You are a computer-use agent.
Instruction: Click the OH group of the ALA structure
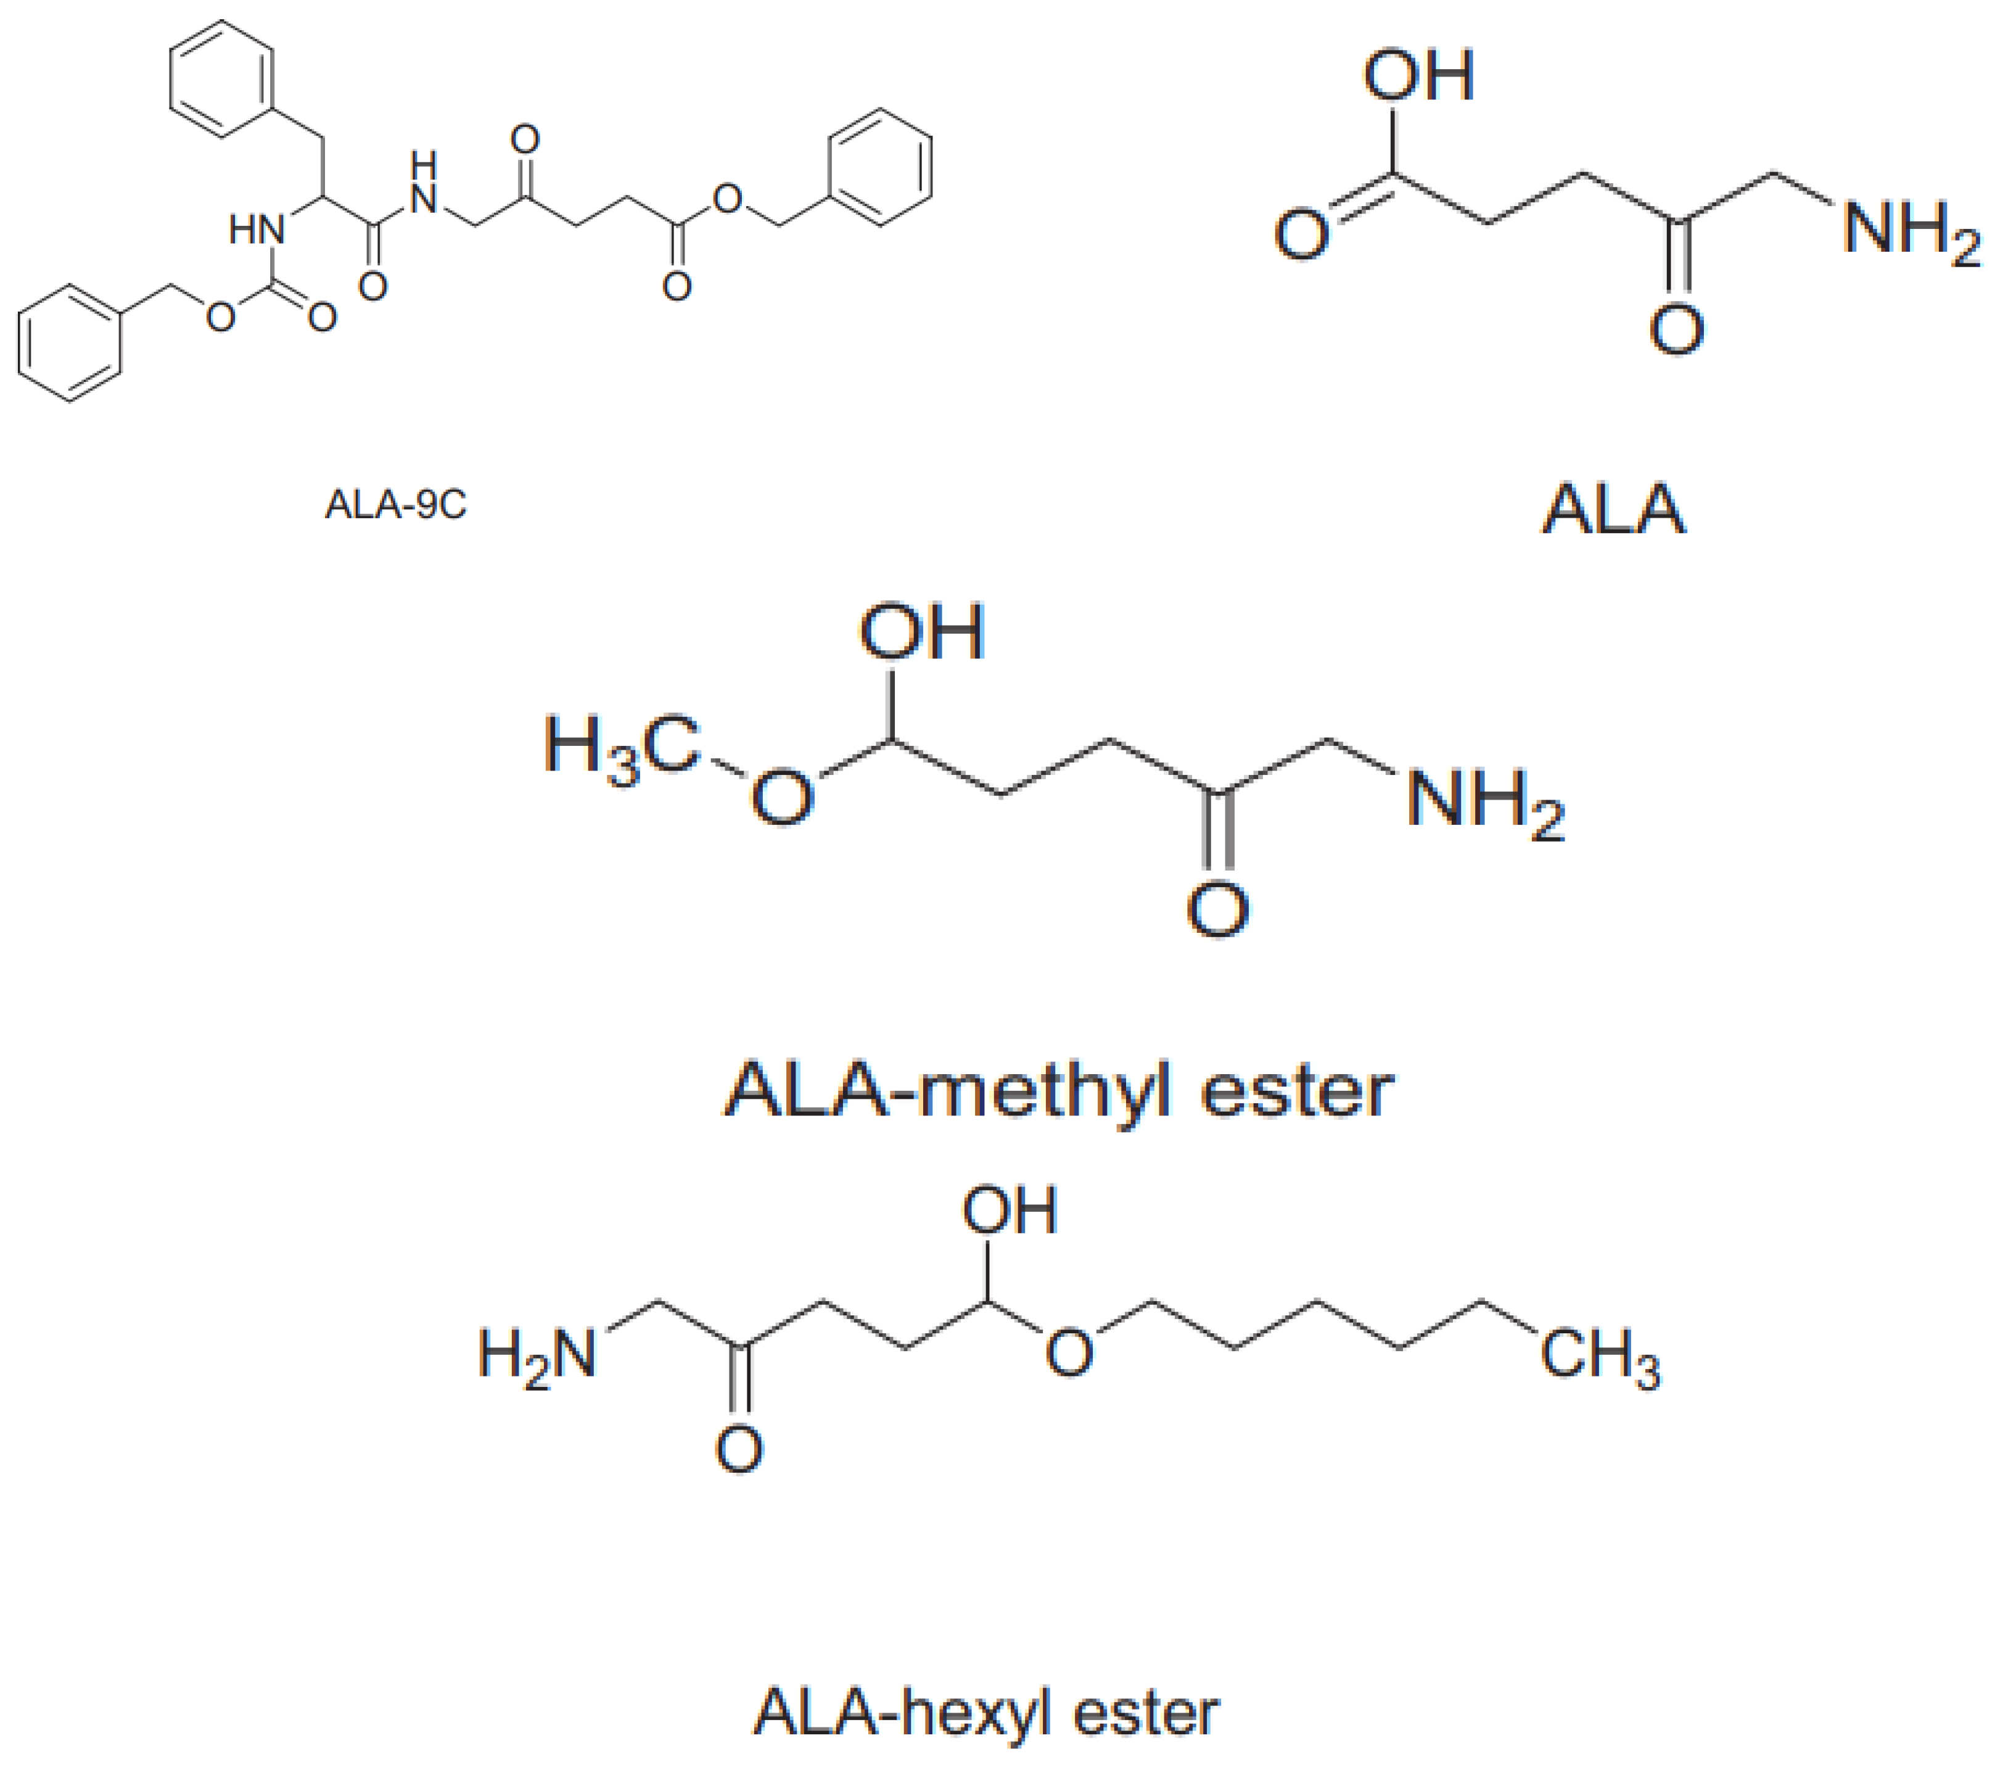[x=1418, y=76]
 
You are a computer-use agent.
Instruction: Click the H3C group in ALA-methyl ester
[x=622, y=749]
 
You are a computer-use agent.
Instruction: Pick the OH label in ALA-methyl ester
[x=921, y=632]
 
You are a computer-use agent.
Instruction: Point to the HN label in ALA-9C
[x=257, y=230]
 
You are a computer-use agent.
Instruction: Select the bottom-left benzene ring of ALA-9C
[x=70, y=342]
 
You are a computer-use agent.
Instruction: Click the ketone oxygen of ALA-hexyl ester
[x=739, y=1449]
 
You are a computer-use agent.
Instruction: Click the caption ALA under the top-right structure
[x=1613, y=510]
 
